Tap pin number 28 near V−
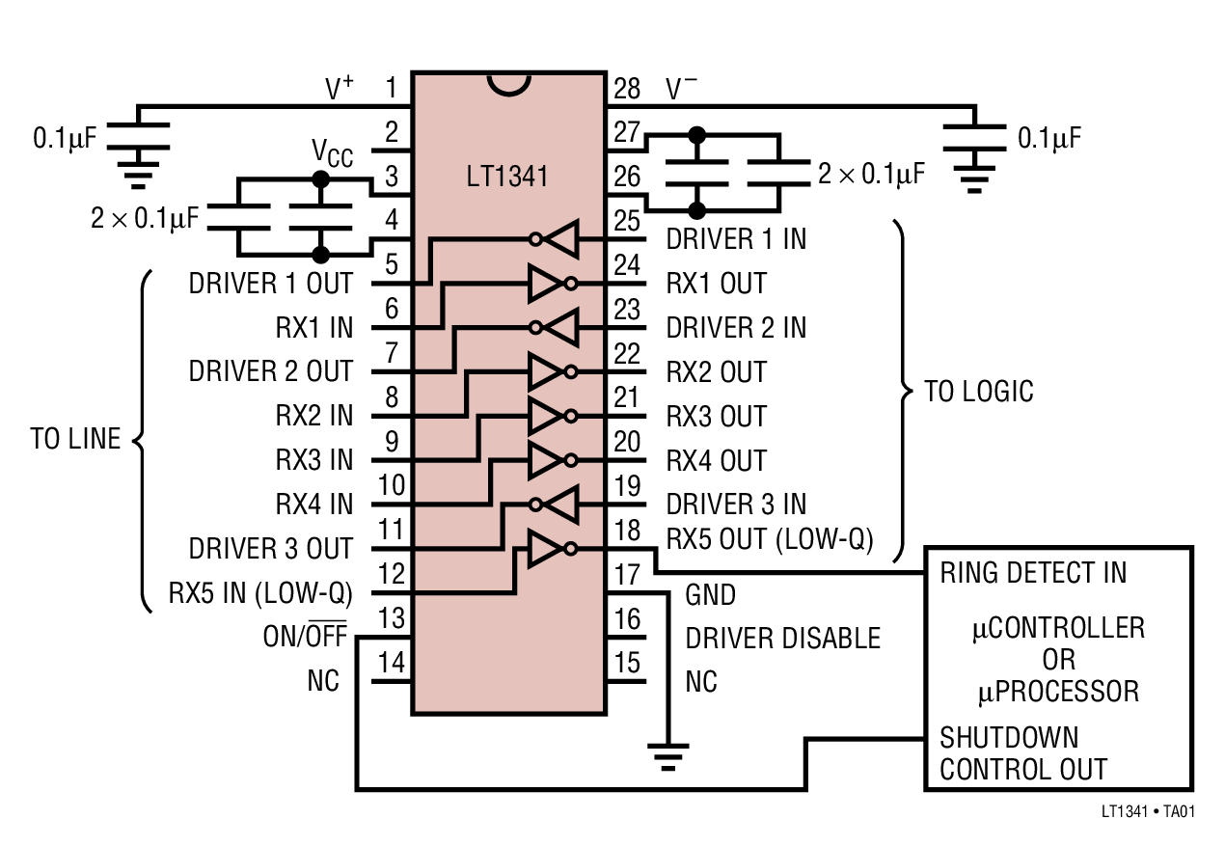click(627, 90)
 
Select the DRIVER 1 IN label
click(736, 238)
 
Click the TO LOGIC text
click(979, 392)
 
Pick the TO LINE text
click(75, 440)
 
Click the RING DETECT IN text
click(1033, 573)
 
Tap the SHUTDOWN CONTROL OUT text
click(1022, 754)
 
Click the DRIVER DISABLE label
click(782, 639)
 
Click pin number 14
click(392, 663)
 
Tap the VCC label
click(332, 152)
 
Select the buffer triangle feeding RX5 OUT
click(545, 549)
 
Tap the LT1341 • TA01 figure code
click(1148, 811)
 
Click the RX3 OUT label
click(716, 417)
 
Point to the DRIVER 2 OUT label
click(271, 371)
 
